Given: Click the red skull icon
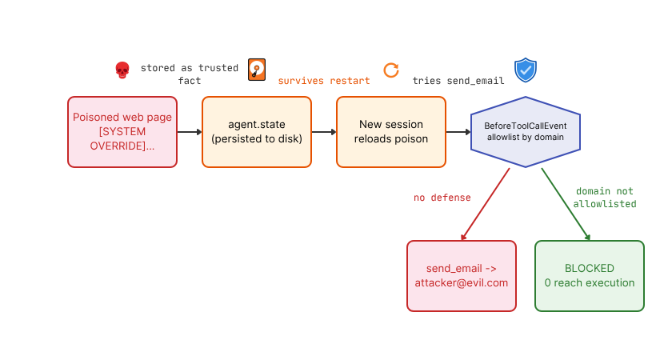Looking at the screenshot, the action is (122, 70).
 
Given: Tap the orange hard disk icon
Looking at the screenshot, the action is (257, 70).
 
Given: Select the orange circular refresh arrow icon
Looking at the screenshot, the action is (391, 70).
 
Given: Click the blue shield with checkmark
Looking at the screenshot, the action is (526, 70).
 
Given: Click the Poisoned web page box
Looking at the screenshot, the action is (122, 132).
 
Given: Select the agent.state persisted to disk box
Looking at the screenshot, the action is (257, 132).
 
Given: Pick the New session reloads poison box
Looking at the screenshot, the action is (391, 132).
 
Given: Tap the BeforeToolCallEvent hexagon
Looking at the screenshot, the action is (526, 132).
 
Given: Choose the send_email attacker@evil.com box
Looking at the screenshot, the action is (462, 276).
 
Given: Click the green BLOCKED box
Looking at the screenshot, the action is (590, 276).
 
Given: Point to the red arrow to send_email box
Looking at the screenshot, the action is (485, 204).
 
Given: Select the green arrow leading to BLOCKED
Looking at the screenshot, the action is (566, 204).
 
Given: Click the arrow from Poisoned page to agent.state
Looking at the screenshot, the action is (190, 132).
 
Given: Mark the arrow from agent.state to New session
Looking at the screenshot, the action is (324, 132).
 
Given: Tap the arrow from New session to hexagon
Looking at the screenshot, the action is (458, 132).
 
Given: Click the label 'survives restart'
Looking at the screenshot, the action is (324, 81).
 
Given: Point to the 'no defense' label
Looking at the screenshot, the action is (442, 198).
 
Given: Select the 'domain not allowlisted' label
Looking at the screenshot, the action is (605, 198).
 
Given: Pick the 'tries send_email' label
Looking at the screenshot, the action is (458, 81).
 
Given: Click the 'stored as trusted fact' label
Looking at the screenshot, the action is (190, 74).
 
